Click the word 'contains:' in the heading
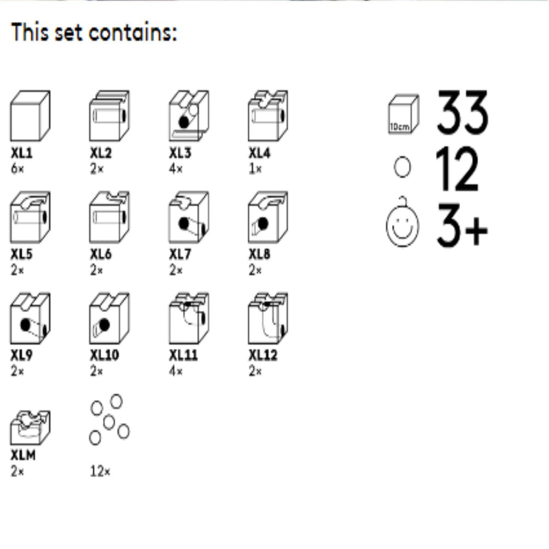pos(133,32)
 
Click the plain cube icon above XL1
pos(30,116)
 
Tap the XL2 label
pos(101,153)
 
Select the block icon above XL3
pos(189,116)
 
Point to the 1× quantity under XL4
pos(255,169)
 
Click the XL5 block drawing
pos(30,217)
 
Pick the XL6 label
pos(101,254)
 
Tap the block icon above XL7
pos(189,217)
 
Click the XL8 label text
pos(260,254)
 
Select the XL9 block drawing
pos(30,318)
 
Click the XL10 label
pos(105,355)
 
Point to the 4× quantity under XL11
pos(176,371)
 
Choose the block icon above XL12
pos(268,318)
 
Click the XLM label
pos(23,455)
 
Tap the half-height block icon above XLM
pos(30,428)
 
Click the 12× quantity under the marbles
pos(100,471)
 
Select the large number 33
pos(462,112)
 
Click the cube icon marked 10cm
pos(404,114)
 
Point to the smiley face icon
pos(402,222)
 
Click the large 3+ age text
pos(462,225)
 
